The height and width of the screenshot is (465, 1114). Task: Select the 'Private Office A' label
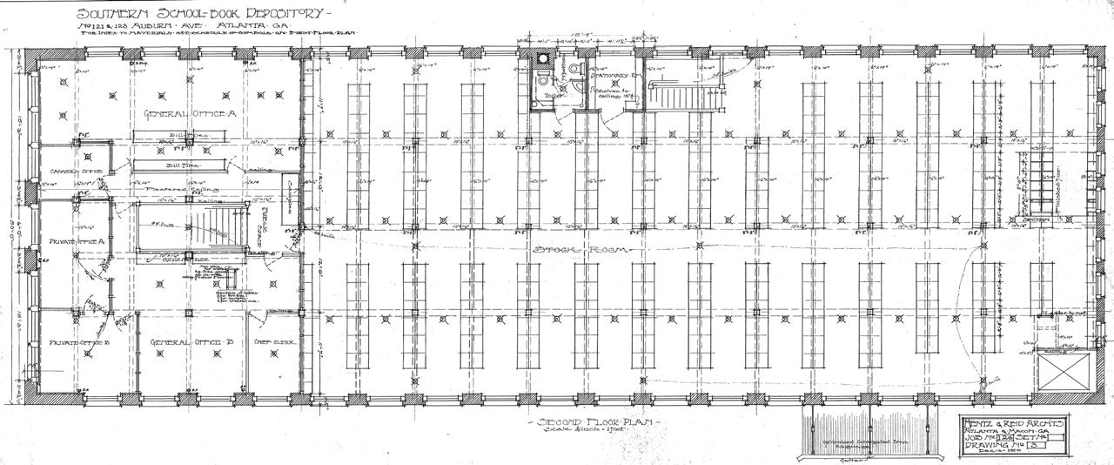pos(78,241)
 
